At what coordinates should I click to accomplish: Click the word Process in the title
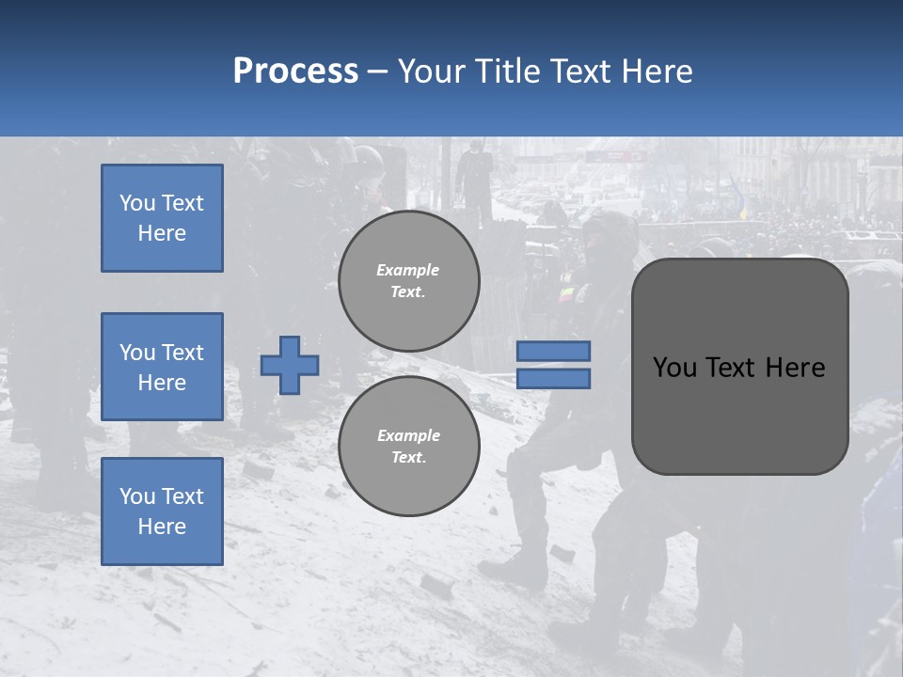point(295,71)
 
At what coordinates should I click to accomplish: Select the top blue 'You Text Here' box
point(162,218)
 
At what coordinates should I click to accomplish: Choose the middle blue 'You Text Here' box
point(162,367)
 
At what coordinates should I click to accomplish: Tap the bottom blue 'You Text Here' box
point(162,512)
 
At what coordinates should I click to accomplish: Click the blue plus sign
point(290,365)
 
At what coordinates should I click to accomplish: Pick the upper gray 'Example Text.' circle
point(408,281)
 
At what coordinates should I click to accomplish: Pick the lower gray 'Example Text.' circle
point(408,447)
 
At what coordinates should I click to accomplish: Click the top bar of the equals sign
point(553,351)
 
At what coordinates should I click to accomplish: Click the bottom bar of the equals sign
point(553,379)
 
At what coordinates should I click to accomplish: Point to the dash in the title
point(377,72)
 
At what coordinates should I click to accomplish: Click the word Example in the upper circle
point(408,270)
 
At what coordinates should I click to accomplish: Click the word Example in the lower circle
point(408,435)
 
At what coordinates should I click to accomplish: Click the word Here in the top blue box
point(162,233)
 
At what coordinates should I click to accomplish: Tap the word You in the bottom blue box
point(136,496)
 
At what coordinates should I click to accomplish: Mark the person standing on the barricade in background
point(474,179)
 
